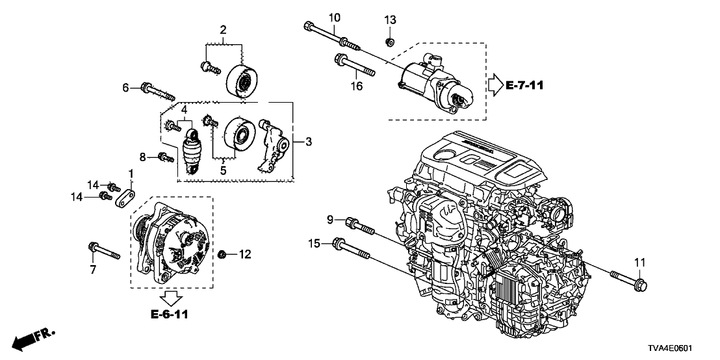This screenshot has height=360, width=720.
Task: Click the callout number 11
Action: click(639, 262)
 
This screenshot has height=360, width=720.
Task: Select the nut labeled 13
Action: click(389, 42)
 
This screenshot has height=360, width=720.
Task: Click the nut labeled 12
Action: click(223, 253)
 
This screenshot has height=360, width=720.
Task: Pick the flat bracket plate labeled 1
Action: click(125, 197)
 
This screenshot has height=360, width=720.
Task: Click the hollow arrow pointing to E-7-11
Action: click(495, 84)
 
